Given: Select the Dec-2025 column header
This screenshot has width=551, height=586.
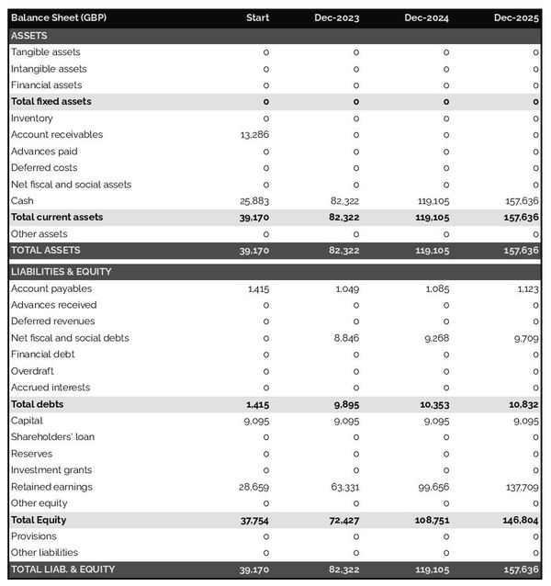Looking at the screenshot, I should pyautogui.click(x=516, y=18).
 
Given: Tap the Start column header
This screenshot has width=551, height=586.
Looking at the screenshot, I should pyautogui.click(x=257, y=18).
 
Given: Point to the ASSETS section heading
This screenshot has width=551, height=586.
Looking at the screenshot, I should pyautogui.click(x=29, y=35).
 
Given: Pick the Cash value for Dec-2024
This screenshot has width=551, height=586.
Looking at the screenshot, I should pyautogui.click(x=432, y=201).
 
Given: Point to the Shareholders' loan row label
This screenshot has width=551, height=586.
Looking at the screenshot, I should pyautogui.click(x=52, y=437).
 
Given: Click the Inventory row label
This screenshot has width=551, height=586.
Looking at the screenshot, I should pyautogui.click(x=32, y=118).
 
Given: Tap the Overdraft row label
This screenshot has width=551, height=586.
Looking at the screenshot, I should pyautogui.click(x=32, y=371).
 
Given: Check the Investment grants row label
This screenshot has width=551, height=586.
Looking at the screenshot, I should pyautogui.click(x=51, y=470).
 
